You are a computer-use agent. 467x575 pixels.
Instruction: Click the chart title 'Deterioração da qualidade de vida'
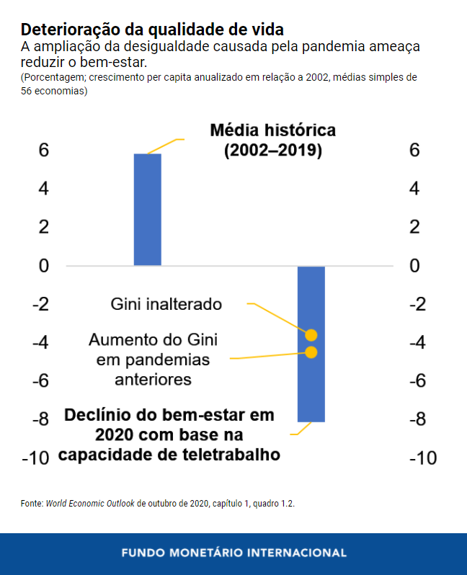(x=152, y=30)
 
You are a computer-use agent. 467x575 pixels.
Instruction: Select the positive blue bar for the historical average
(x=148, y=210)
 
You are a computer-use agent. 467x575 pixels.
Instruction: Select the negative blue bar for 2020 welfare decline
(x=311, y=343)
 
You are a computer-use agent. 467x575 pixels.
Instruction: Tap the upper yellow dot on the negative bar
(x=311, y=334)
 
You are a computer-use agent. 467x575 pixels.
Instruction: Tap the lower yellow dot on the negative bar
(x=311, y=352)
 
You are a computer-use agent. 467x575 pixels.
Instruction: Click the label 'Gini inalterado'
(x=166, y=304)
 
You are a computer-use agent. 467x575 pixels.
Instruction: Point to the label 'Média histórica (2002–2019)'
(x=272, y=141)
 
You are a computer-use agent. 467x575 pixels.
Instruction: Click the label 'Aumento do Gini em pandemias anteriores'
(x=153, y=359)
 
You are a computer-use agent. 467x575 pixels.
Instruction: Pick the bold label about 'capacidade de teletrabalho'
(x=169, y=435)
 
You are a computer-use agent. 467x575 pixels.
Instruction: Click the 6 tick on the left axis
(x=44, y=151)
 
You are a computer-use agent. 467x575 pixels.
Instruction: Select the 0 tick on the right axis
(x=415, y=266)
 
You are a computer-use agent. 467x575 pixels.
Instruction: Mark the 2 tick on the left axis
(x=44, y=228)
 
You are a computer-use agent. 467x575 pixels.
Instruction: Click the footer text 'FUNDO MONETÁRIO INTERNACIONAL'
(x=233, y=553)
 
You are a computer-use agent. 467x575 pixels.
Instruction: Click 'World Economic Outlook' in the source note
(x=90, y=504)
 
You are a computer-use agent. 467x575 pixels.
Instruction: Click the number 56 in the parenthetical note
(x=27, y=91)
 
